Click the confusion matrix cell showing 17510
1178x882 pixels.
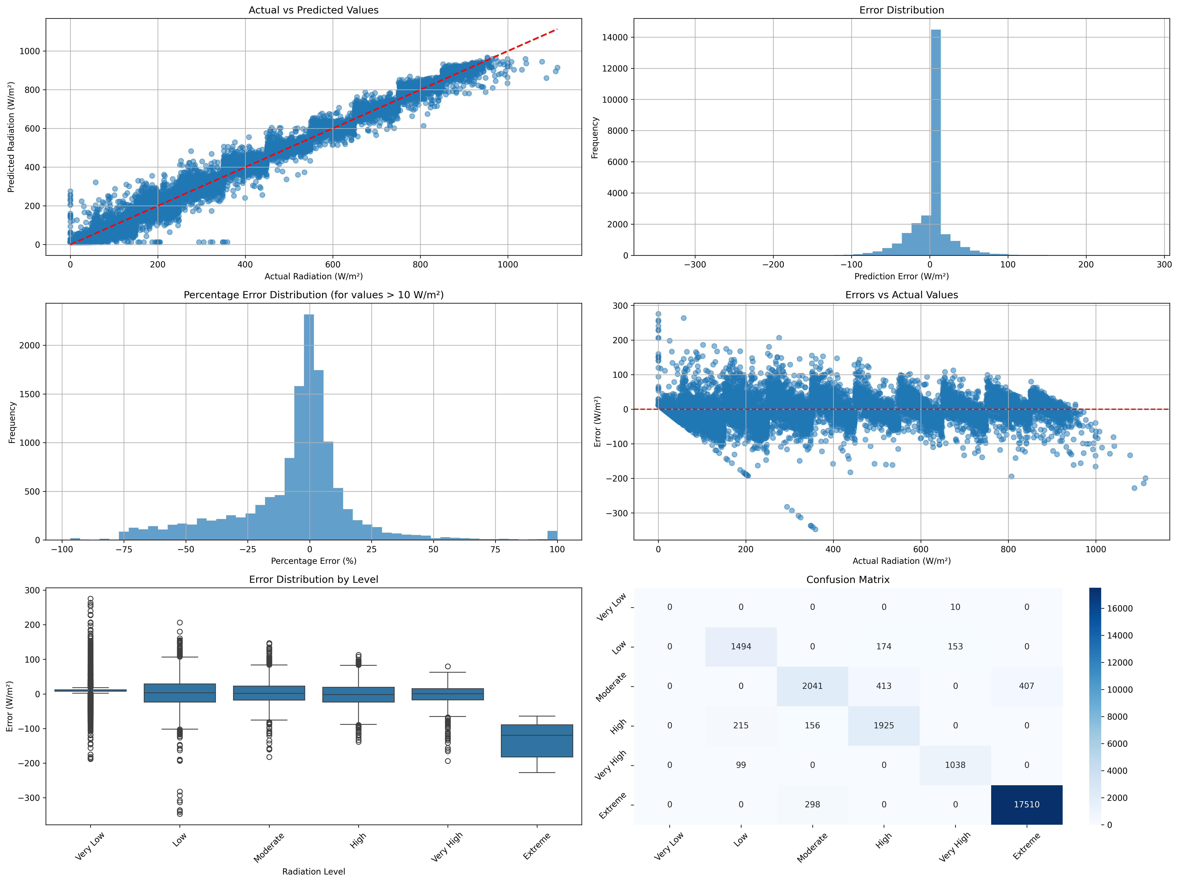(1026, 804)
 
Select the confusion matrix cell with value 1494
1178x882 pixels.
(741, 647)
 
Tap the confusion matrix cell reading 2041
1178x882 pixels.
(812, 686)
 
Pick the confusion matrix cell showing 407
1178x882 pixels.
(1026, 686)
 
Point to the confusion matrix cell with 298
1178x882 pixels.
(812, 804)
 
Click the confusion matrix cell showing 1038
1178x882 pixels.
(955, 765)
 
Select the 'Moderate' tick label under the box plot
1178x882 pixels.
(269, 847)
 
